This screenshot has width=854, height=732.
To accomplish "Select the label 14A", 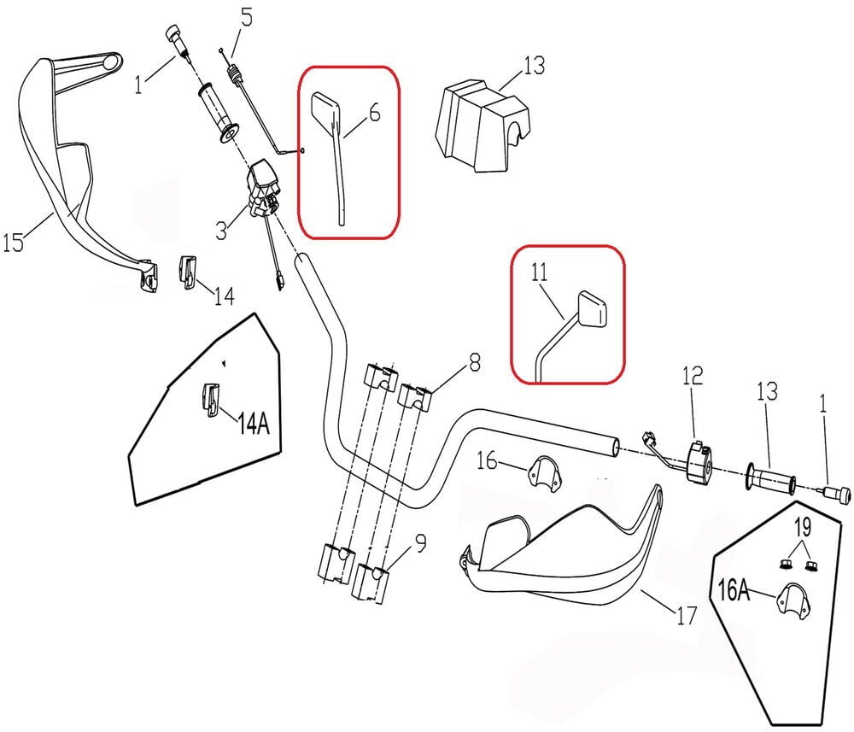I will [253, 422].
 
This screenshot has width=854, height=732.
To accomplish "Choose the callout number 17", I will [686, 614].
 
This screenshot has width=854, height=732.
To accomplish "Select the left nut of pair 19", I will [783, 564].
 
